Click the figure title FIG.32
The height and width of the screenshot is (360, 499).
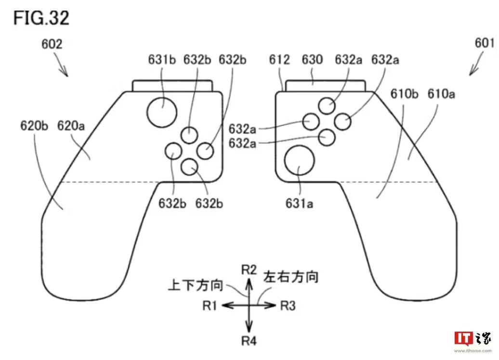tap(41, 18)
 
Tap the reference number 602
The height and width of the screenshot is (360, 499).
tap(52, 45)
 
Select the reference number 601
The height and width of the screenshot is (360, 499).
tap(485, 43)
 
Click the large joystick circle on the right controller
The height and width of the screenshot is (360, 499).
tap(300, 161)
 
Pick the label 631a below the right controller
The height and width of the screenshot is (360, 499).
tap(300, 204)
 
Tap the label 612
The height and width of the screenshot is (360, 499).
tap(280, 60)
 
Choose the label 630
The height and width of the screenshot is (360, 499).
tap(312, 60)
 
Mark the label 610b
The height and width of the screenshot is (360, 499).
tap(404, 94)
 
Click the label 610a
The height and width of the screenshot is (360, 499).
tap(441, 94)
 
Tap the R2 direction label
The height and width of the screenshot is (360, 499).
tap(249, 270)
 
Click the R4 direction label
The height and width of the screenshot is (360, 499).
tap(249, 341)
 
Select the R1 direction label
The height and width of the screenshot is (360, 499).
tap(210, 305)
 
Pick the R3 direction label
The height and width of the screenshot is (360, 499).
tap(288, 305)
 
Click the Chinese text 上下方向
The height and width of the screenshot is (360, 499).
tap(196, 285)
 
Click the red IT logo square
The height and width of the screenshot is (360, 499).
tap(463, 338)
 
